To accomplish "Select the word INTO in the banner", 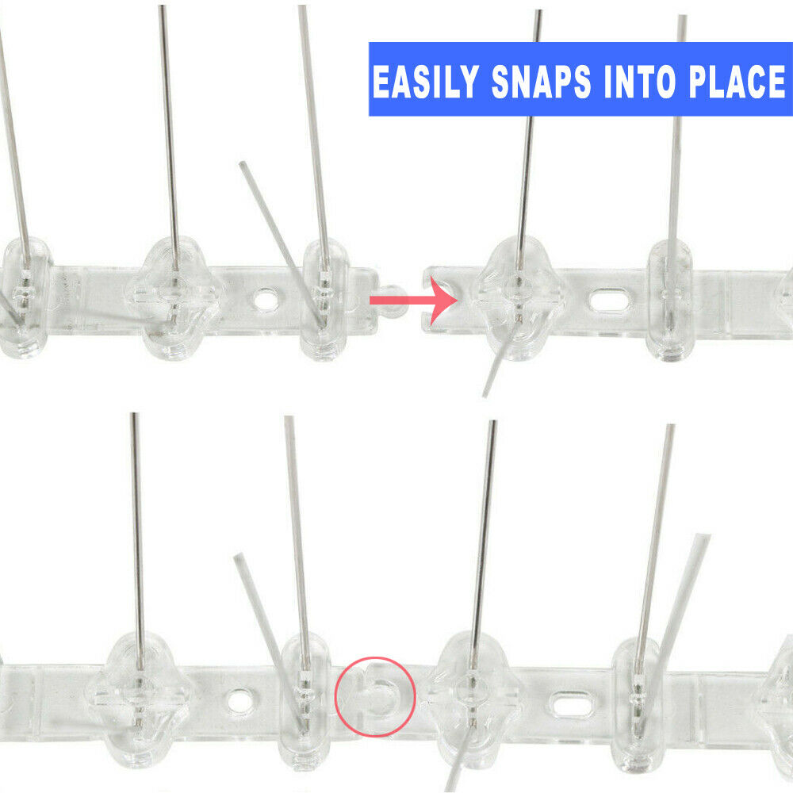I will (634, 82).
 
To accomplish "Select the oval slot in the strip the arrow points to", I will (607, 301).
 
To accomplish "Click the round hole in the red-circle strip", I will (238, 700).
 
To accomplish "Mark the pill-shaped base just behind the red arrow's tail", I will (326, 300).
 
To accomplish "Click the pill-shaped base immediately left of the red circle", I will (305, 698).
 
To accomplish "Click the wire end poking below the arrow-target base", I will (485, 393).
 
